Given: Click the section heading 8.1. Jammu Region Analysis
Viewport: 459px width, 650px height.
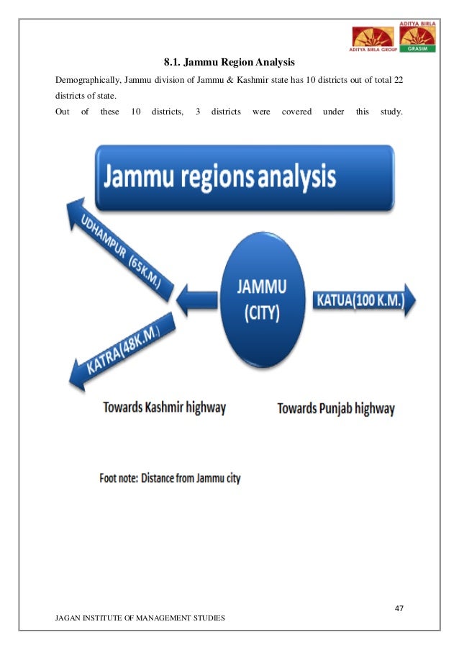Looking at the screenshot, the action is click(229, 63).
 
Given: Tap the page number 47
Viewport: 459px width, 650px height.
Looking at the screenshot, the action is click(399, 608).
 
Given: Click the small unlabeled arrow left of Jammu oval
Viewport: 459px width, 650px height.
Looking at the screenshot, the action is click(194, 299).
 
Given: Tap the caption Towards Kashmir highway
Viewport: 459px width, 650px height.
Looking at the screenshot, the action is click(164, 407).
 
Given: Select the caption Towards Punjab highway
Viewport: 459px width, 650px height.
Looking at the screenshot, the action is click(336, 409).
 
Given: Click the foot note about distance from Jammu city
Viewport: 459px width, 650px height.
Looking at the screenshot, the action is click(170, 478).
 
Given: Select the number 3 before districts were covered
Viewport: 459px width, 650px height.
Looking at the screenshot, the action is click(197, 112).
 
